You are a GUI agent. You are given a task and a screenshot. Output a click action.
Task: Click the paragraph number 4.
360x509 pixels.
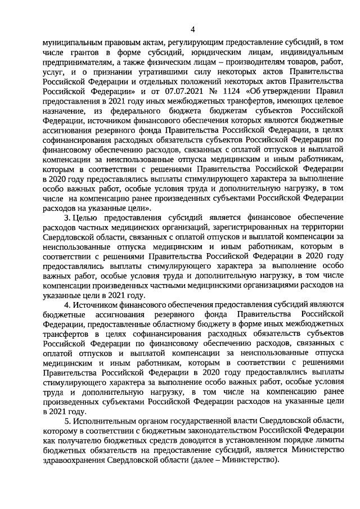click(66, 304)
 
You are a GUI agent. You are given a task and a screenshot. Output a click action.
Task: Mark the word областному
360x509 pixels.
click(197, 325)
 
